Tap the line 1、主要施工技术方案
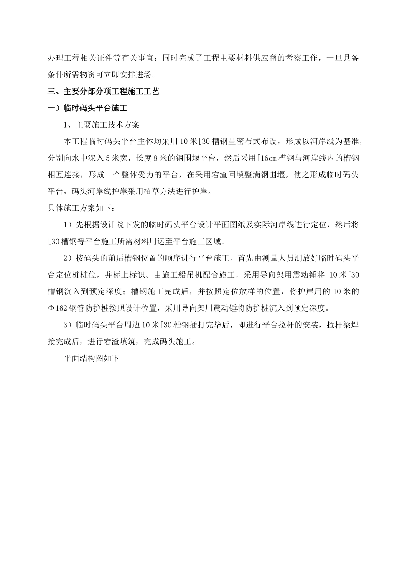tap(101, 125)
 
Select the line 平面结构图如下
tap(91, 358)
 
